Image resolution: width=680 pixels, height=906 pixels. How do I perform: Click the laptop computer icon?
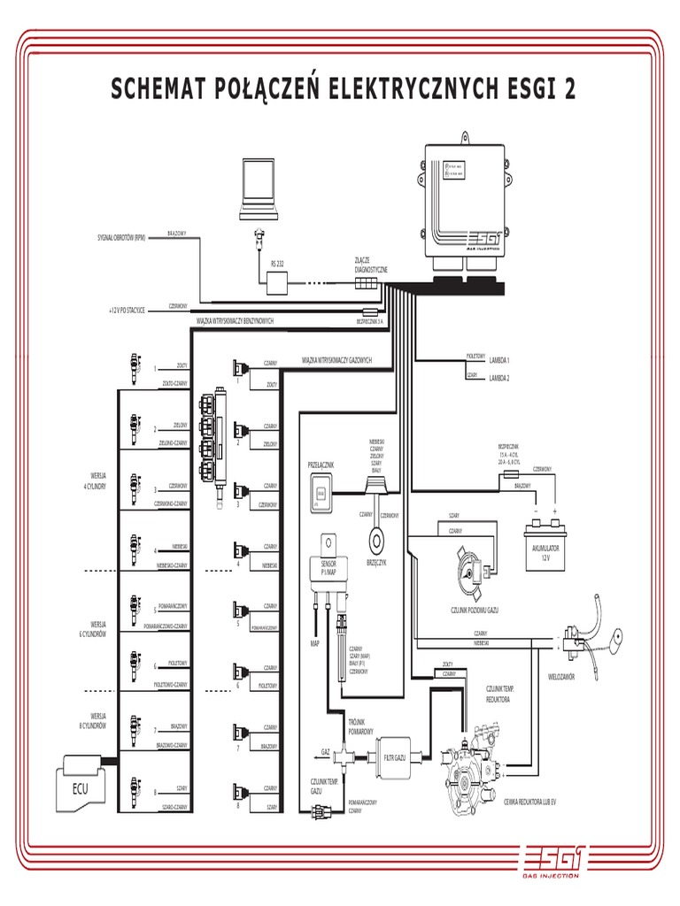261,189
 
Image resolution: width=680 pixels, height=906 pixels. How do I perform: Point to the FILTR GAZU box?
395,756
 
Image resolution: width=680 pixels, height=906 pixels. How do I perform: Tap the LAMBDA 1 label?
499,361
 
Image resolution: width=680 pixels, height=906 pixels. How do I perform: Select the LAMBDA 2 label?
499,378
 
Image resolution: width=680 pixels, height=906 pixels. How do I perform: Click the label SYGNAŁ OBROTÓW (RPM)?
121,239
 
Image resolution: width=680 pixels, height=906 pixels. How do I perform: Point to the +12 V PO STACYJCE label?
127,311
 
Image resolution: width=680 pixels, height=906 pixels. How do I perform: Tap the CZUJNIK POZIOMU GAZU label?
475,610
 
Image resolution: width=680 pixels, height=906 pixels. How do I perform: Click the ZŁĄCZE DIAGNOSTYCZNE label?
366,265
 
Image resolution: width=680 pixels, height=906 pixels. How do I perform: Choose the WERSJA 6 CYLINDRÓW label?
92,630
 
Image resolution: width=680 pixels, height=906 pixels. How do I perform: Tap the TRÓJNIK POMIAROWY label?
361,727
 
